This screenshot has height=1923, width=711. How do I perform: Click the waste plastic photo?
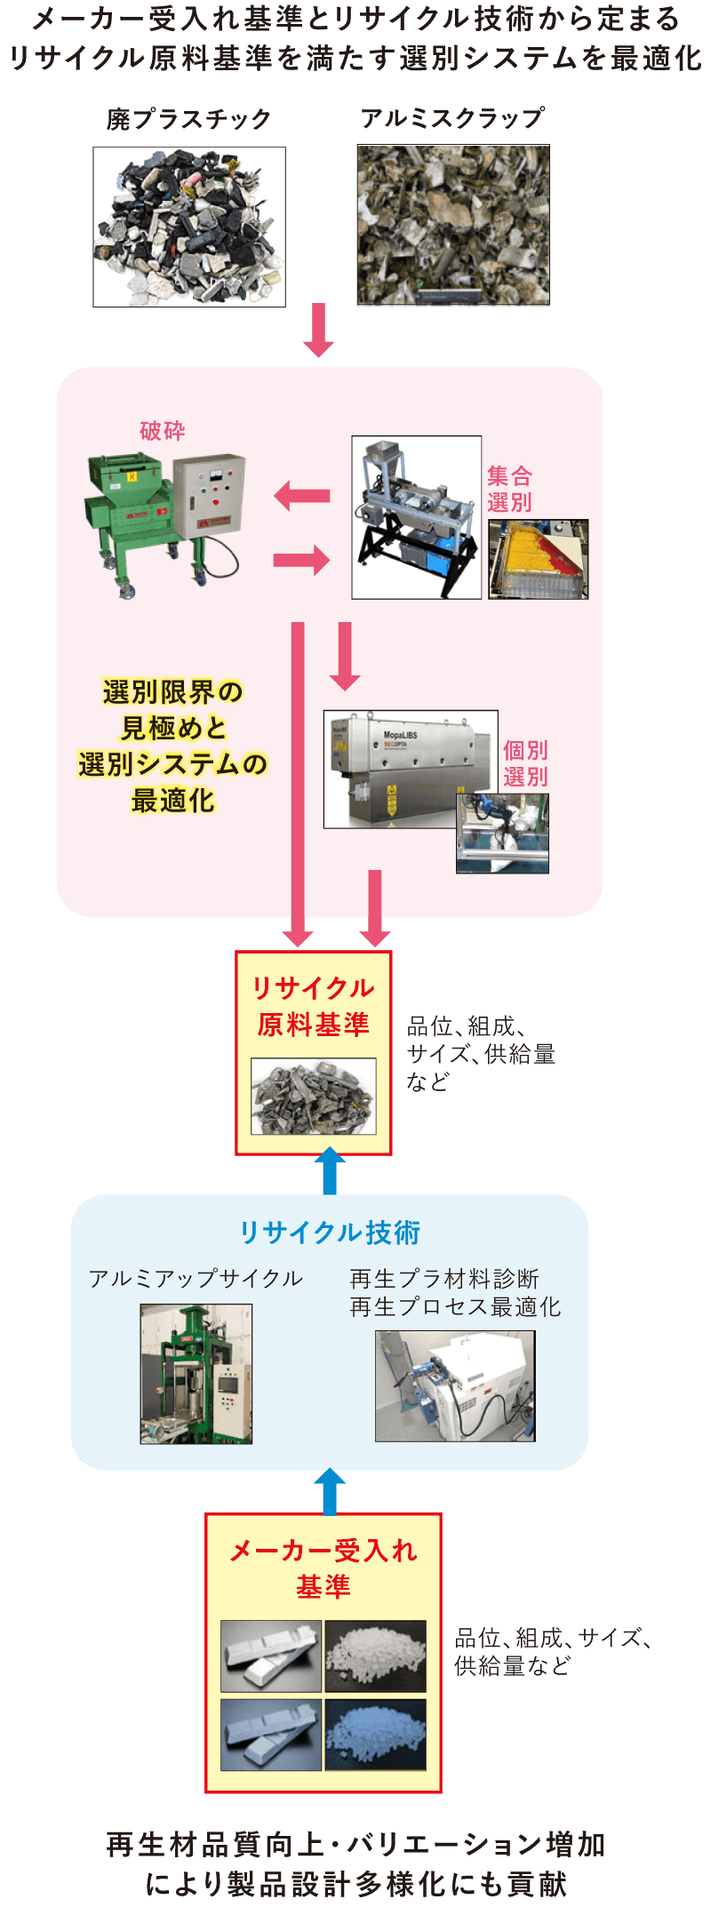(x=189, y=227)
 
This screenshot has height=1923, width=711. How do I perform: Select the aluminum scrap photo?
(x=453, y=226)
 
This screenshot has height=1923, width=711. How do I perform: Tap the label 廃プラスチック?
(x=188, y=119)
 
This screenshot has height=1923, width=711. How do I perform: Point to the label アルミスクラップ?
(x=452, y=117)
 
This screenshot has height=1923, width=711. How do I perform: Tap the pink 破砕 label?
(x=163, y=432)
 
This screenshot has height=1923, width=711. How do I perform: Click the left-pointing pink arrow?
(x=301, y=496)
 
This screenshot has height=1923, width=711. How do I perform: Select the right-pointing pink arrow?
(x=302, y=560)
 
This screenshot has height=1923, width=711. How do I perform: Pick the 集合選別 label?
(x=509, y=490)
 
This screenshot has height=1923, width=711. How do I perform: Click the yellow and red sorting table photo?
(x=539, y=559)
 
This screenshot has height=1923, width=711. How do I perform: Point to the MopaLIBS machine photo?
(x=410, y=769)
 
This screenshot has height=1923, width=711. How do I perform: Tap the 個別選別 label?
(x=525, y=763)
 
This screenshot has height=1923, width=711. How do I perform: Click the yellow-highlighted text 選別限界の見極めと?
(x=173, y=710)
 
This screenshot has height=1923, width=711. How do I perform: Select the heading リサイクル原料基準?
(x=313, y=1006)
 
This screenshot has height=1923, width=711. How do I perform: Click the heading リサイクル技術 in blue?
(x=330, y=1233)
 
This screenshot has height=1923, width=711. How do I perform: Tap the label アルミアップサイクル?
(x=196, y=1279)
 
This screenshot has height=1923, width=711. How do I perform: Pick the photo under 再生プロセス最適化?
(x=455, y=1385)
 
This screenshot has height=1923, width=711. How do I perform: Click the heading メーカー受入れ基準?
(x=324, y=1568)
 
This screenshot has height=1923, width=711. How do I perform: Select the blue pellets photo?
(x=375, y=1735)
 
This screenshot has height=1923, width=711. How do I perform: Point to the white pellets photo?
(x=375, y=1656)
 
